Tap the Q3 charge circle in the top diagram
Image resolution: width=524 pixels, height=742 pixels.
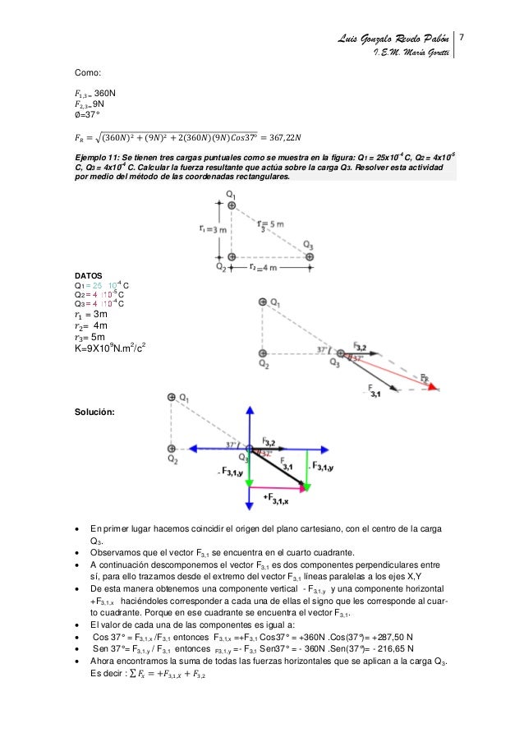point(309,256)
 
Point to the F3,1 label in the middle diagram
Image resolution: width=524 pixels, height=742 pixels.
point(374,389)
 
